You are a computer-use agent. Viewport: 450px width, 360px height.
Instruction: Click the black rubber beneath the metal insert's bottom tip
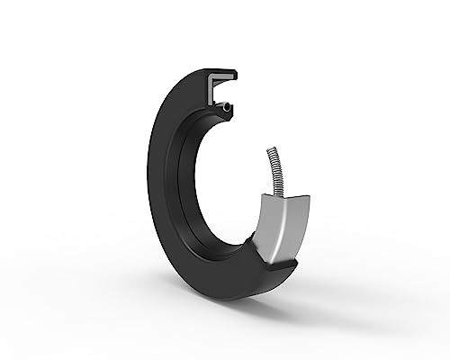279,268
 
